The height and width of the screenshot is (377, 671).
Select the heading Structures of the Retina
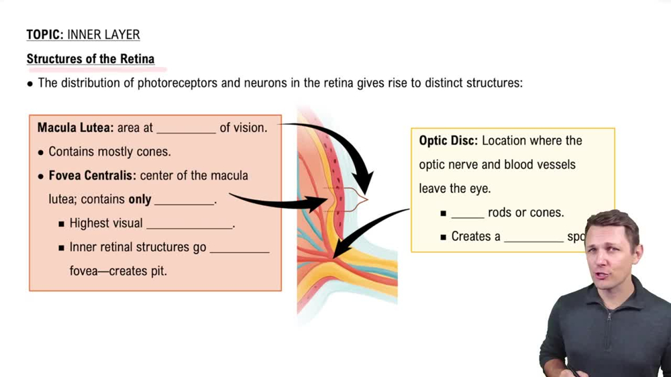click(x=91, y=59)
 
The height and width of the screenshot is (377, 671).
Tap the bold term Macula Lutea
click(x=74, y=127)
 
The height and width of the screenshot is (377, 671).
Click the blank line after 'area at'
click(x=186, y=129)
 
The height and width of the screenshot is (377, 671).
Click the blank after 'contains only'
click(x=184, y=201)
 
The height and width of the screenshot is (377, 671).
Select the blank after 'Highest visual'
click(x=189, y=225)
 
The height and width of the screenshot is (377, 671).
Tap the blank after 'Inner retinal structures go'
click(x=239, y=250)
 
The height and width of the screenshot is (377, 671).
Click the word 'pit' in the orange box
click(x=159, y=272)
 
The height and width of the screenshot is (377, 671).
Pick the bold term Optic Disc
click(x=448, y=141)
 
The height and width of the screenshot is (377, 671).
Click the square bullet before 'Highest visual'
click(x=62, y=224)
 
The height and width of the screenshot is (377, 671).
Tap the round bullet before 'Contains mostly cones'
click(x=40, y=152)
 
